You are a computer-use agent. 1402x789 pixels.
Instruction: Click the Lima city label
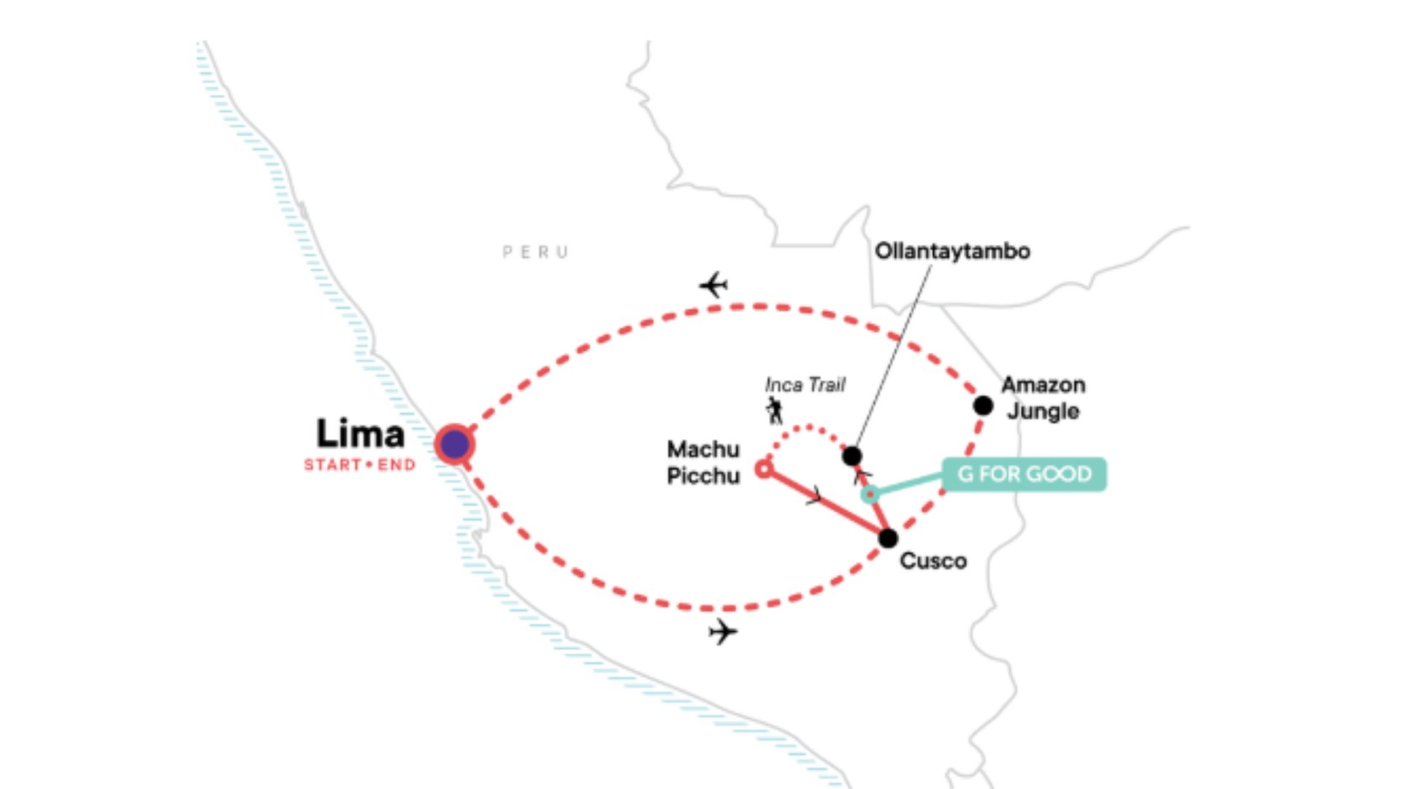tap(360, 434)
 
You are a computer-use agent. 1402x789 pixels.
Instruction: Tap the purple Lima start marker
tap(455, 443)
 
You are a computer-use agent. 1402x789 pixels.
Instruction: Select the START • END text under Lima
tap(360, 465)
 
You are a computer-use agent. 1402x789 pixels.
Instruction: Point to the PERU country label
tap(535, 253)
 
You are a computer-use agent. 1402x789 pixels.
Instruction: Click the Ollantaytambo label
tap(952, 251)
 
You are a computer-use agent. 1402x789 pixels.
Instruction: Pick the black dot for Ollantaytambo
tap(851, 456)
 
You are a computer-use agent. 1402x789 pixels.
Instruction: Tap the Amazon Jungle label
tap(1043, 397)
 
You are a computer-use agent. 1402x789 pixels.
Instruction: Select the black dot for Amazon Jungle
tap(983, 405)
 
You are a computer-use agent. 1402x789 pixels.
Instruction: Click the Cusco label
tap(933, 561)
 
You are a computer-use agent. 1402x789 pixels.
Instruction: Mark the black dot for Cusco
tap(887, 538)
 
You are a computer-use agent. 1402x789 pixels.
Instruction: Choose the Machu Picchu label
tap(703, 462)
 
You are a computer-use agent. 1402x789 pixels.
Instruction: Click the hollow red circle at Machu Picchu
tap(764, 469)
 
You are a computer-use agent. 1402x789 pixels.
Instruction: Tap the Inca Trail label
tap(805, 385)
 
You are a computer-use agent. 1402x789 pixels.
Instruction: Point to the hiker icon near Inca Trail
tap(775, 411)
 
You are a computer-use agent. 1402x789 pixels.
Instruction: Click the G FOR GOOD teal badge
tap(1024, 474)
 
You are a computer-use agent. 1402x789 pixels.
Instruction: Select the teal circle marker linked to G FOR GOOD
tap(870, 495)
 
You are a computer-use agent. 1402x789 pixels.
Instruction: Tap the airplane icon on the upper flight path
tap(713, 284)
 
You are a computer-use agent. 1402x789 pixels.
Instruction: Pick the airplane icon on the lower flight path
tap(722, 631)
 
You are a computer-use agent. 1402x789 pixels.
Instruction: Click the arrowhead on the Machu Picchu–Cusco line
tap(815, 497)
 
